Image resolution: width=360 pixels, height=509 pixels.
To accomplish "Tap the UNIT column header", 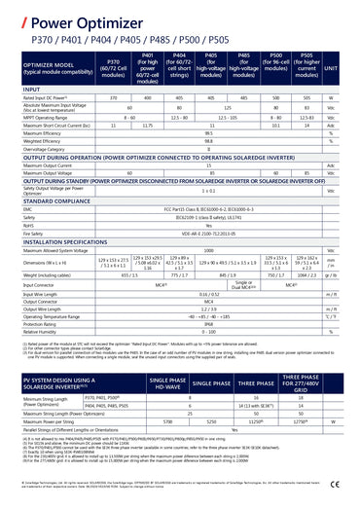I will coord(331,68).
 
